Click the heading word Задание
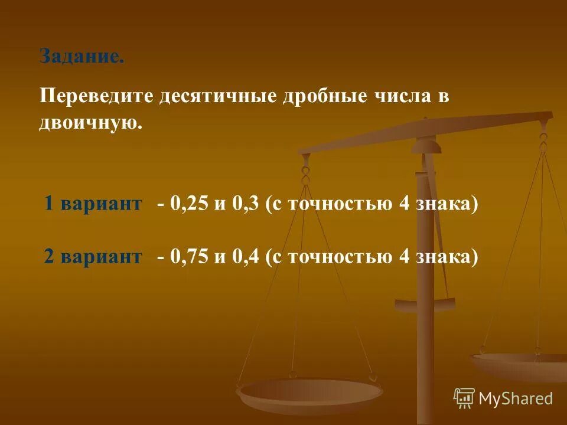82,57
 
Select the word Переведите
96,96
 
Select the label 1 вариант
93,204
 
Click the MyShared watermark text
516,398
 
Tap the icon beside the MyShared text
464,398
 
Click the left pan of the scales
309,392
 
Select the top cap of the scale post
426,144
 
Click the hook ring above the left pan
305,174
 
